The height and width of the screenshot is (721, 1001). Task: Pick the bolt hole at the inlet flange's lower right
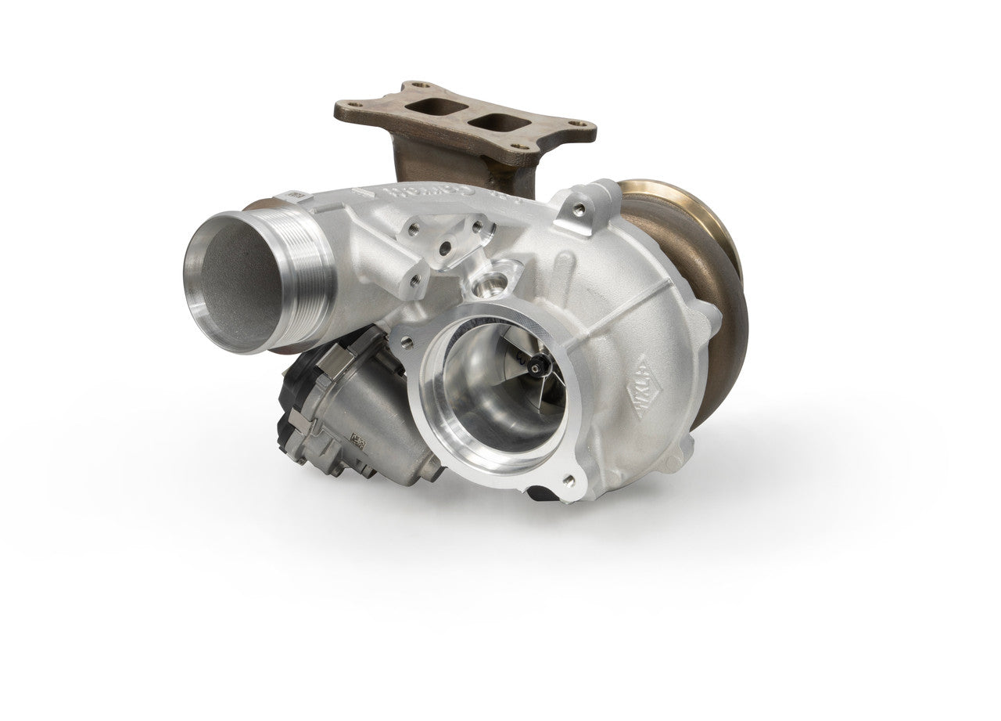(569, 480)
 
